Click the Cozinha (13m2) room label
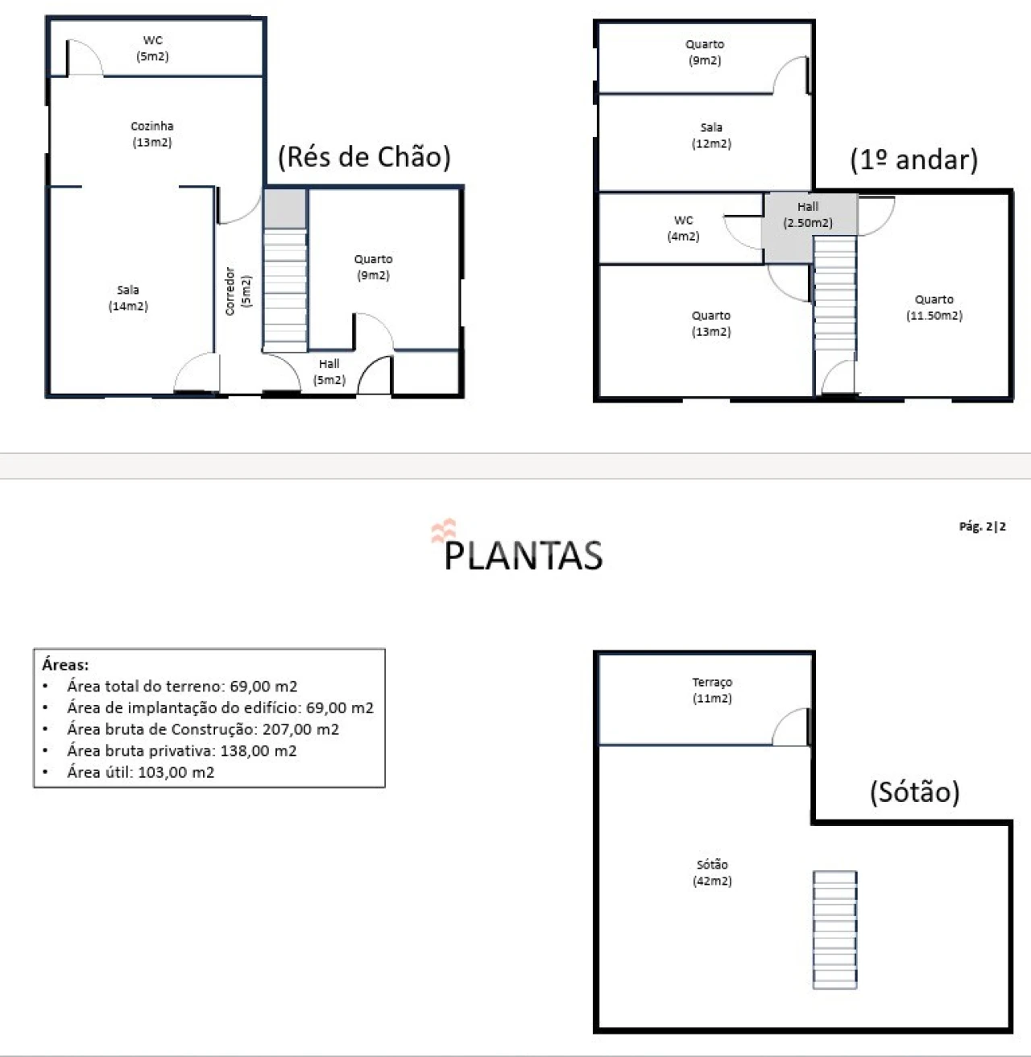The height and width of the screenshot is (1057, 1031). (152, 134)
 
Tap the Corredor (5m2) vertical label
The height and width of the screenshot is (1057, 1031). (238, 291)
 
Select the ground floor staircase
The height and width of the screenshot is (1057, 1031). (285, 291)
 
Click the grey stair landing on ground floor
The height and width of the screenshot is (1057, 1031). (285, 209)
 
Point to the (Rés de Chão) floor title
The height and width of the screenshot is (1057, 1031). (364, 158)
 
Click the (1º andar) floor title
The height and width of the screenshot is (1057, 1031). (913, 160)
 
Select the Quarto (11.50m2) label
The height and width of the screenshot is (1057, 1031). (934, 308)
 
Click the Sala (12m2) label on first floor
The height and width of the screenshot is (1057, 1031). (711, 136)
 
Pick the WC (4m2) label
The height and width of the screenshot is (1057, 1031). (683, 228)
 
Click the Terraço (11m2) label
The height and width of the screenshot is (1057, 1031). (712, 691)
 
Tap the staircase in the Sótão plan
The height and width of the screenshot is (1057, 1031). (834, 929)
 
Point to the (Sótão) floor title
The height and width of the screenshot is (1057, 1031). (915, 792)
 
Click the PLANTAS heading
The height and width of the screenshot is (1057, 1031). (524, 555)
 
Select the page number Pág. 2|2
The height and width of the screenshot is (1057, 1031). (982, 526)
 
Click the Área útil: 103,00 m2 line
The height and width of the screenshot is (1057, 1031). (141, 772)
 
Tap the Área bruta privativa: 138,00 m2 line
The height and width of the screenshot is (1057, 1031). (182, 750)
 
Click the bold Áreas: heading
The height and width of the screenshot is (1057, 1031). (65, 664)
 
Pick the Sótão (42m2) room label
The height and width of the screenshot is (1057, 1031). (712, 873)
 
